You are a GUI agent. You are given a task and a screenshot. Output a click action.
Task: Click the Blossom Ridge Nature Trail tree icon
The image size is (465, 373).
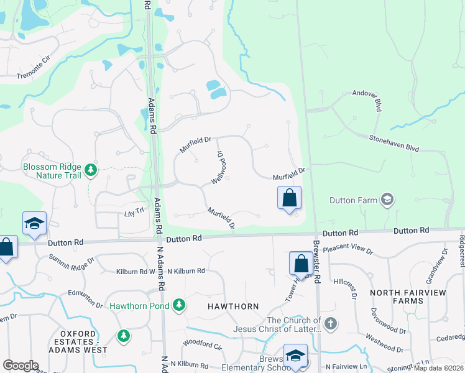pyautogui.click(x=91, y=170)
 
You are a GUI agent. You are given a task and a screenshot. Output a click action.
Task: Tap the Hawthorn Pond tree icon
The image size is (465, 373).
pyautogui.click(x=179, y=305)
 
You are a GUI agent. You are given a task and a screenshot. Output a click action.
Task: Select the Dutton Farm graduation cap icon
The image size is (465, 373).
pyautogui.click(x=387, y=199)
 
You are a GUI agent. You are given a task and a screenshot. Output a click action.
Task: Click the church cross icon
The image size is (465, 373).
pyautogui.click(x=331, y=323)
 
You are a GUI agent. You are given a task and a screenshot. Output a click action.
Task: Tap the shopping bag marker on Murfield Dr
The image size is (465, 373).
pyautogui.click(x=289, y=198)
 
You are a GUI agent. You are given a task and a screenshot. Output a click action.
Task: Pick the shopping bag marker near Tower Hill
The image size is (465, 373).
pyautogui.click(x=301, y=263)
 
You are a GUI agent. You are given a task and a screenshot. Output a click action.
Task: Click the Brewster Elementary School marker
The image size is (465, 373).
pyautogui.click(x=296, y=356)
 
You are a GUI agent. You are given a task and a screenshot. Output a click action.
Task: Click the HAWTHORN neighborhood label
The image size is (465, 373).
pyautogui.click(x=234, y=306)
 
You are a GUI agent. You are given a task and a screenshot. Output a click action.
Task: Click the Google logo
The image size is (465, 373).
pyautogui.click(x=21, y=366)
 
